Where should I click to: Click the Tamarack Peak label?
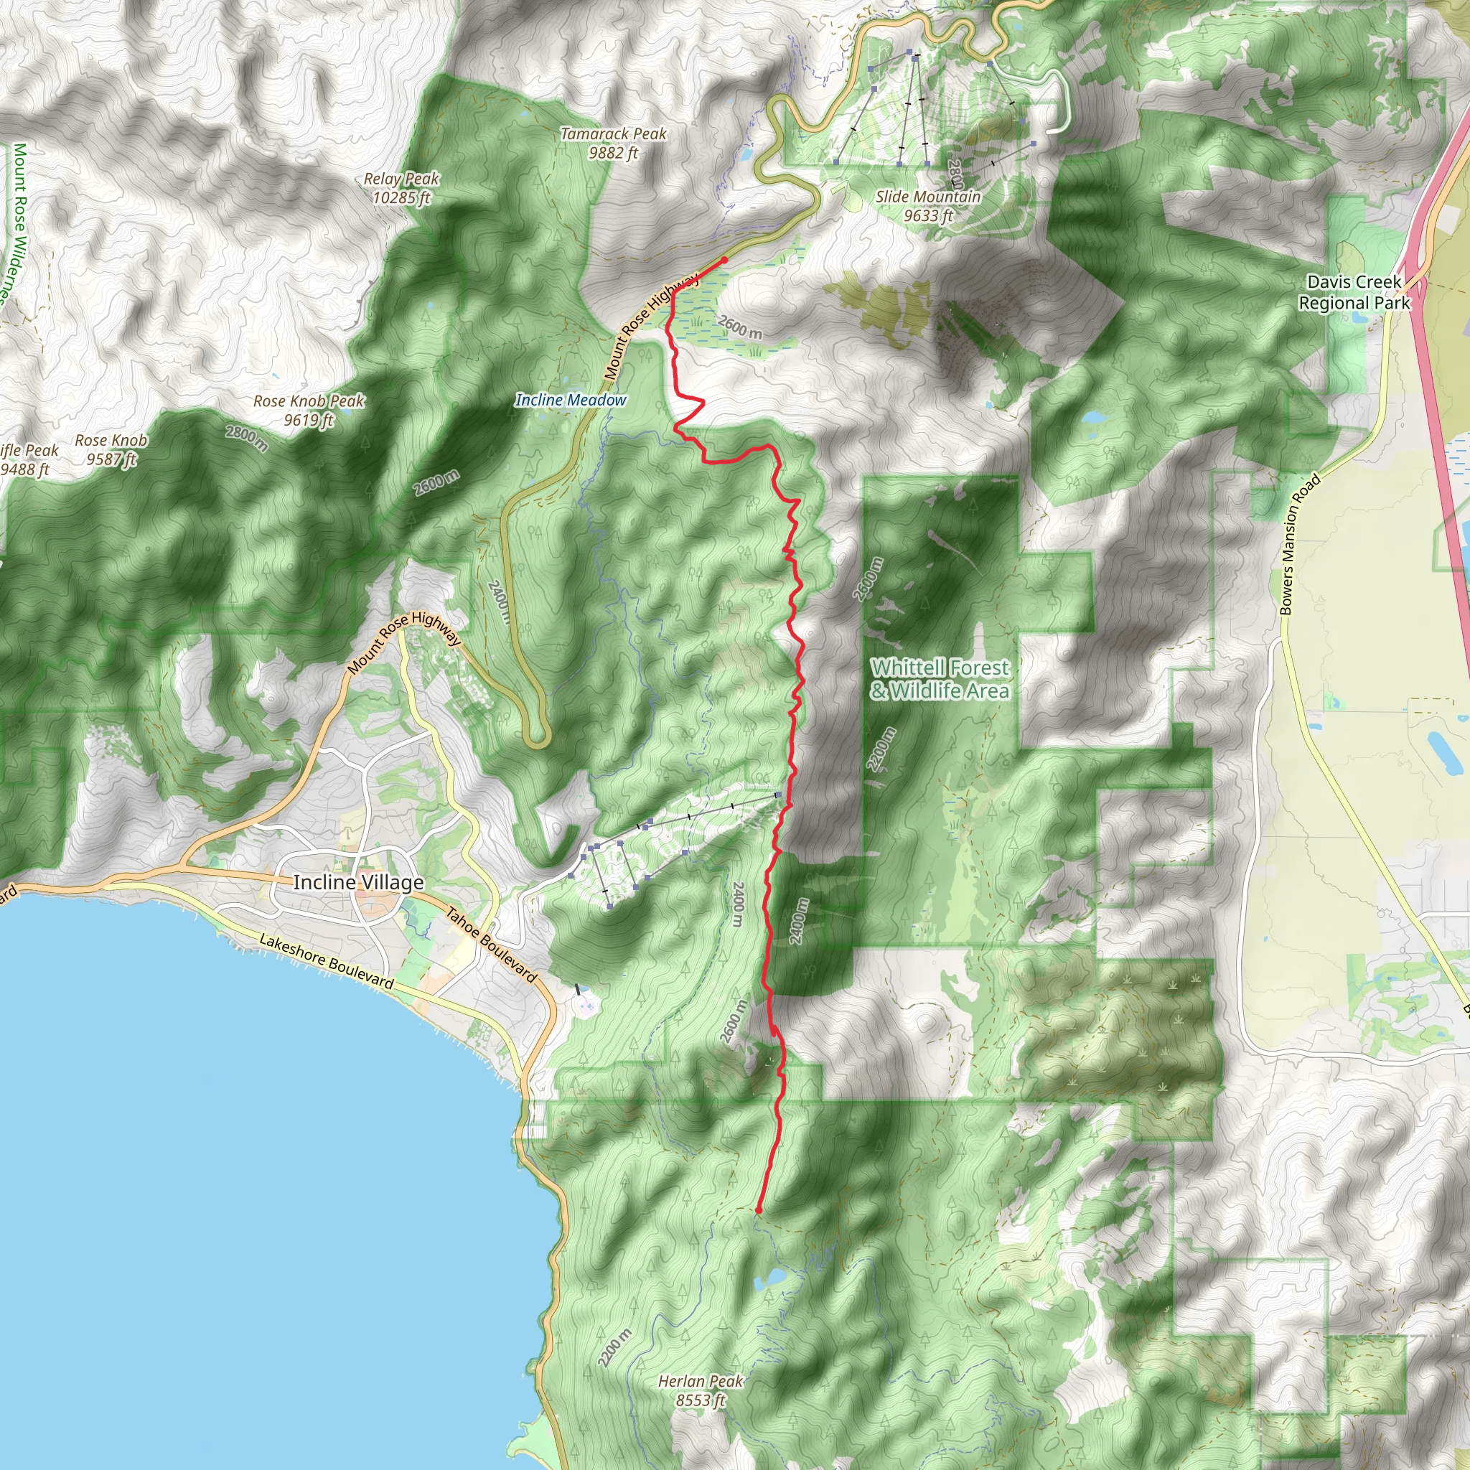[613, 143]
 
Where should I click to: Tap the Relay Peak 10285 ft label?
[401, 188]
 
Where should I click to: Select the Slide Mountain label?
[928, 205]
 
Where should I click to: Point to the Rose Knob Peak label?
[309, 410]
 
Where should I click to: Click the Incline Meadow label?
[571, 401]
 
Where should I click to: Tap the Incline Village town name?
[358, 883]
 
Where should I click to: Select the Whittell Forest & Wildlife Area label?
[940, 680]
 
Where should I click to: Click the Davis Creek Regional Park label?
[1354, 292]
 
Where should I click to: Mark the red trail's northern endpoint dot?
[724, 261]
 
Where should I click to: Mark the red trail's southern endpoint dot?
[759, 1209]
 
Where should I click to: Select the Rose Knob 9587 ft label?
[111, 449]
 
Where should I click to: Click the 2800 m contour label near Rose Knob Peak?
[246, 438]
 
